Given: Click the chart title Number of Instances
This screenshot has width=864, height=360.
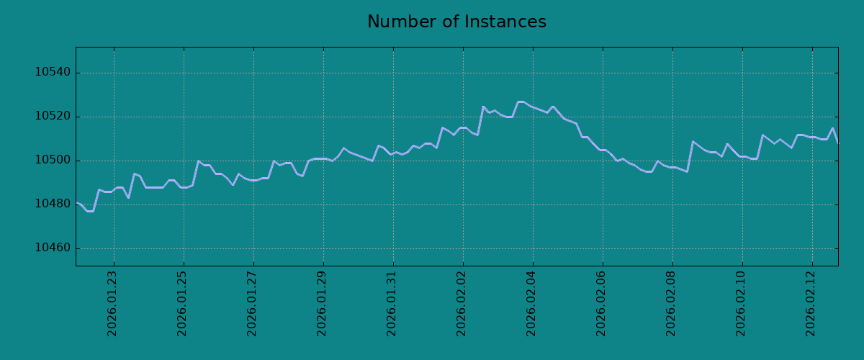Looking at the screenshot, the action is pos(456,22).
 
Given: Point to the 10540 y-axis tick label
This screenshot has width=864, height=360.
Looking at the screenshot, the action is pos(53,72).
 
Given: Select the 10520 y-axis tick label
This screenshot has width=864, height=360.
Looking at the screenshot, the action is pos(53,116).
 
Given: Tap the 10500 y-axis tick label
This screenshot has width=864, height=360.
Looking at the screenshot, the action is pos(53,160).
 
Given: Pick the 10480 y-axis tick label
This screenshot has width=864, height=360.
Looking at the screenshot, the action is pos(53,204).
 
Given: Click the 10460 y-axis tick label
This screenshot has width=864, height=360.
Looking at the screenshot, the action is pos(53,248).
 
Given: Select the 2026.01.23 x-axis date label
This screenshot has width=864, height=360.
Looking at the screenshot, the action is pos(112,304).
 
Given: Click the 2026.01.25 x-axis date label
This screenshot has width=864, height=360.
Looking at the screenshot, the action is pos(181,304).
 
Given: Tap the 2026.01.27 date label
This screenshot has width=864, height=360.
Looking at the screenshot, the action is pos(251,304).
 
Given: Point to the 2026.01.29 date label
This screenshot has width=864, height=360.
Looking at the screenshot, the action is pos(321,304).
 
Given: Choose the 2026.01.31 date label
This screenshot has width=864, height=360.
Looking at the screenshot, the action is pos(391,304).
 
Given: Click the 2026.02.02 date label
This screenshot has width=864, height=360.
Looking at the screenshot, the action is pos(461,304).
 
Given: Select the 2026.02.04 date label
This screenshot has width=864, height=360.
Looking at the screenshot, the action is pos(531,304).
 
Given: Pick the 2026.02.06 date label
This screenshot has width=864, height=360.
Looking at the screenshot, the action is pos(600,304).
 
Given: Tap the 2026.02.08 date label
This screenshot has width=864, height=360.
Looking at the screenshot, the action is pos(670,304).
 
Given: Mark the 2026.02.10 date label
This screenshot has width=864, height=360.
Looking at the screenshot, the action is pos(740,304).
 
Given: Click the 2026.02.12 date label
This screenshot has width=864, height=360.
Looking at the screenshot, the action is pos(810,304).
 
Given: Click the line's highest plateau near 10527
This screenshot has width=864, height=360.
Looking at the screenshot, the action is pos(521,102).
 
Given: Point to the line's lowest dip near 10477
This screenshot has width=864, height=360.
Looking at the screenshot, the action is pos(90,212).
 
